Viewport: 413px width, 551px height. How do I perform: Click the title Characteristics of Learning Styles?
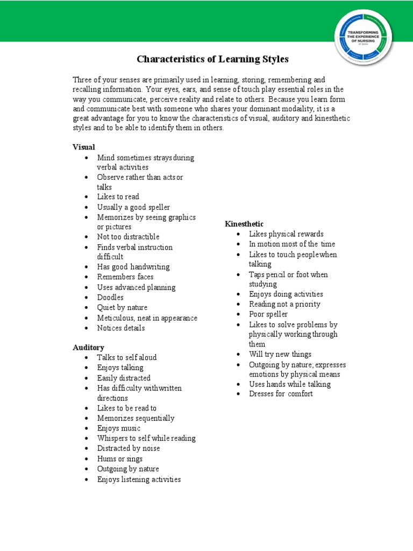pos(212,59)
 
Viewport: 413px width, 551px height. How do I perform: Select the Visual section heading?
pos(84,147)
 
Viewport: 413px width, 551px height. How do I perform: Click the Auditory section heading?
pos(88,347)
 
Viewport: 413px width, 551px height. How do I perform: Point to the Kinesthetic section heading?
pos(244,224)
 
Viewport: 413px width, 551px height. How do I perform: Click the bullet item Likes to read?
pos(118,197)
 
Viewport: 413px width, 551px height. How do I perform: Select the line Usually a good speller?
pos(133,207)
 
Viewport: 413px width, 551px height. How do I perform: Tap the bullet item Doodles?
pos(110,298)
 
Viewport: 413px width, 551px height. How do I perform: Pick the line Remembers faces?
pos(125,277)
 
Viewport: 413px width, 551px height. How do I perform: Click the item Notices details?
pos(121,328)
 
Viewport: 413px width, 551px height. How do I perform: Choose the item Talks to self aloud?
pos(127,358)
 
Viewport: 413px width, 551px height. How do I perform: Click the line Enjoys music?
pos(119,428)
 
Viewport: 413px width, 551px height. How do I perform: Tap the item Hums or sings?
pos(120,459)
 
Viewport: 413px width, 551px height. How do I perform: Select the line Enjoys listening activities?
pos(139,479)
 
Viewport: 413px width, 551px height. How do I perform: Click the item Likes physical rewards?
pos(286,234)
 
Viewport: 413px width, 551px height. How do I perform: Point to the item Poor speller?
pos(268,314)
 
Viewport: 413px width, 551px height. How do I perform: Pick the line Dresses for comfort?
pos(281,394)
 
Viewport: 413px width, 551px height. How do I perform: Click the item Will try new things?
pos(280,354)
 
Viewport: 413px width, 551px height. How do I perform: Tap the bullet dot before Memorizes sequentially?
pos(87,419)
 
